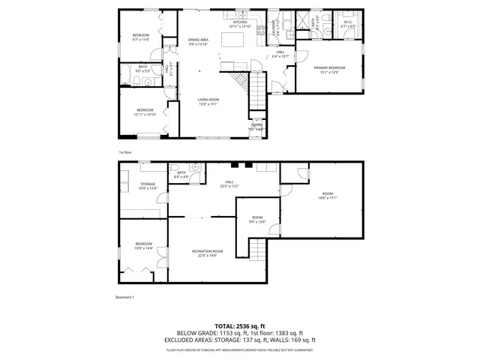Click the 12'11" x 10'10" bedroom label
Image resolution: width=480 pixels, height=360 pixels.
pyautogui.click(x=144, y=112)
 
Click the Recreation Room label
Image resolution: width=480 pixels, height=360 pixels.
pyautogui.click(x=207, y=253)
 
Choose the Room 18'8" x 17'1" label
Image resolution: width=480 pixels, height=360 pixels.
pyautogui.click(x=327, y=196)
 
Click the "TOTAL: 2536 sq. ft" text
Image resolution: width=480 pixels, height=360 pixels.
pyautogui.click(x=239, y=326)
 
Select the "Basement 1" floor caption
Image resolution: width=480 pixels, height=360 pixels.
pyautogui.click(x=124, y=298)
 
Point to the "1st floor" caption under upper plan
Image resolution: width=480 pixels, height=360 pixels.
pyautogui.click(x=124, y=152)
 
